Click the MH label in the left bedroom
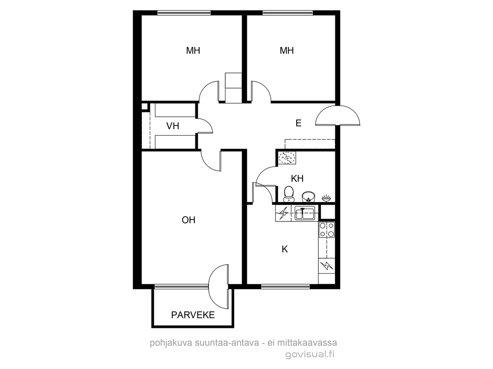tap(193, 51)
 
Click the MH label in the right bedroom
tap(287, 51)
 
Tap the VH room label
tap(173, 126)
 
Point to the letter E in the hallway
tap(298, 123)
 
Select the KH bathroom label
tap(297, 179)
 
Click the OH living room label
tap(189, 220)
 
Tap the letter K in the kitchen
tap(285, 249)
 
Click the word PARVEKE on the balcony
tap(193, 315)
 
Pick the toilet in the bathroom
tap(289, 194)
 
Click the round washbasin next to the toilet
tap(309, 197)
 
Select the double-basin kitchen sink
tap(305, 214)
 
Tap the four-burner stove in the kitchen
tap(327, 230)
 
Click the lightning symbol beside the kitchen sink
tap(284, 214)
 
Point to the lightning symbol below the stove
tap(327, 266)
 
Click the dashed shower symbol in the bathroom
tap(287, 158)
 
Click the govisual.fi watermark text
tap(310, 355)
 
